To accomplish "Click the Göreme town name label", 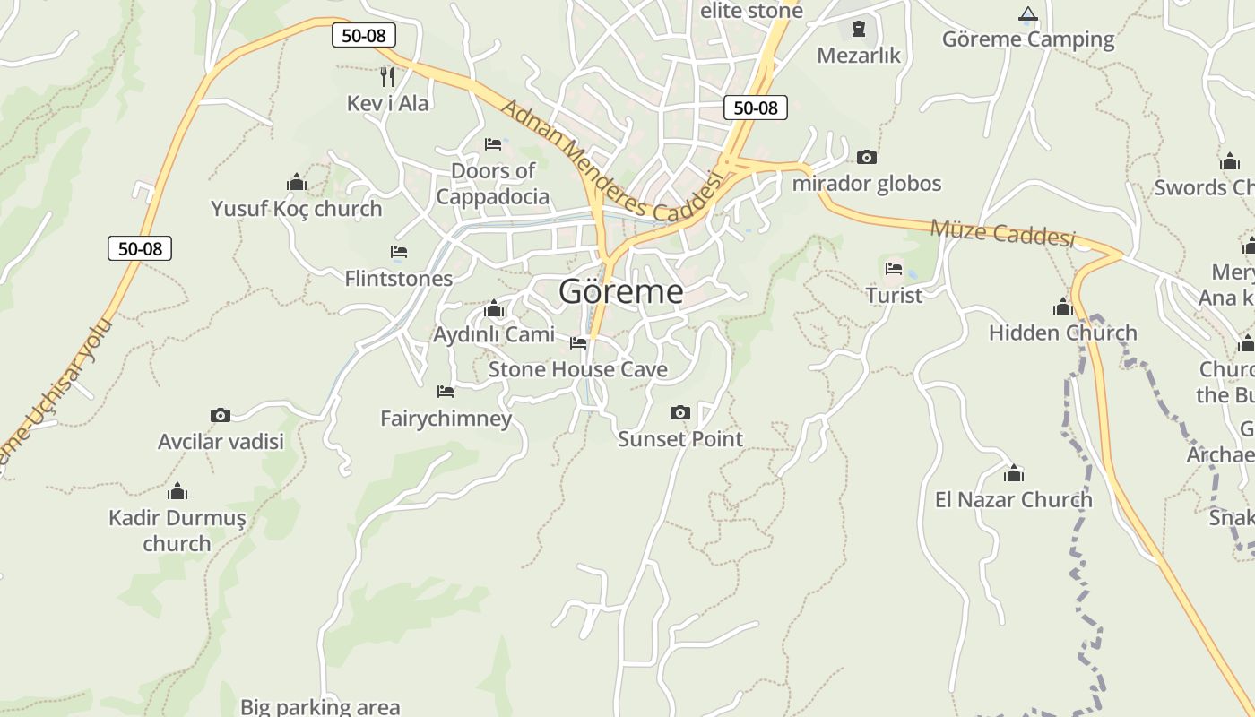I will [x=620, y=291].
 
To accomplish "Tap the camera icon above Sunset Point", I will [x=680, y=413].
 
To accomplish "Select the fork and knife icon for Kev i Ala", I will [x=387, y=76].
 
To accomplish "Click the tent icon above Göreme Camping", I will [x=1028, y=13].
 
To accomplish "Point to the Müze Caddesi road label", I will [x=1001, y=232].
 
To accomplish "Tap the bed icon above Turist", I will [x=894, y=268].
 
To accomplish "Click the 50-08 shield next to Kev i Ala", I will [x=363, y=36].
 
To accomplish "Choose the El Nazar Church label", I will [x=1014, y=499].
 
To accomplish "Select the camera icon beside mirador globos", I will [x=866, y=158].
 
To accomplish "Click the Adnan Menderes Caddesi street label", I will [x=610, y=161].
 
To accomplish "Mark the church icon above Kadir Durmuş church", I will [x=177, y=491].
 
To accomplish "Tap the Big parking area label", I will [x=320, y=706].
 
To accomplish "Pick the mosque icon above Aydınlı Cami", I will [x=493, y=309].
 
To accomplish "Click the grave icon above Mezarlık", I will [x=859, y=29].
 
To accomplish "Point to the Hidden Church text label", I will [x=1062, y=333].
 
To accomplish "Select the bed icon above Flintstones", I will [x=399, y=252].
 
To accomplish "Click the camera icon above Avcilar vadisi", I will [x=221, y=415].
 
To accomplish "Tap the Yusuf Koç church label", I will [x=297, y=209].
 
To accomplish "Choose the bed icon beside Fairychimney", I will [x=446, y=391].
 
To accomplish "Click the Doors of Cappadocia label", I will [x=493, y=184].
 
